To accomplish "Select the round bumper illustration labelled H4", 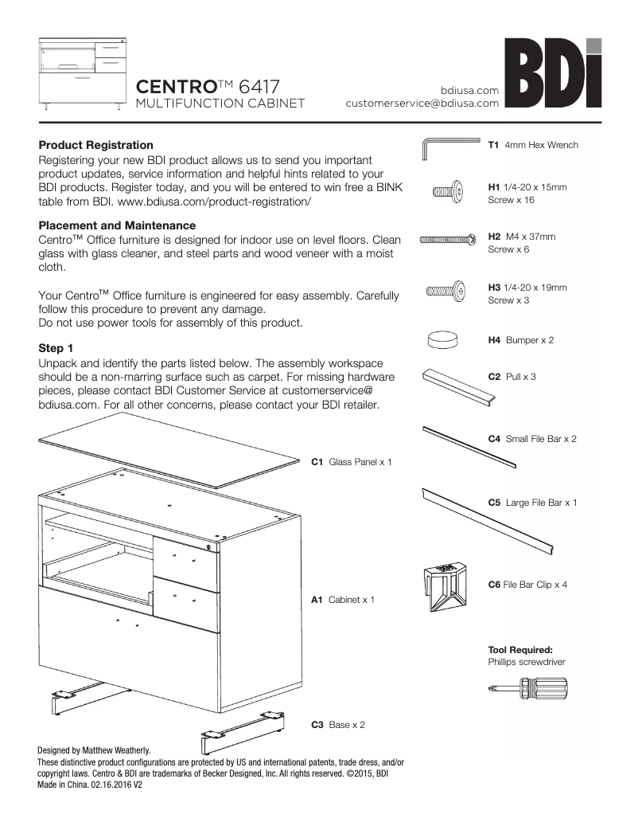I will click(443, 340).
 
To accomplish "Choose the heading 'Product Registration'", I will click(95, 145).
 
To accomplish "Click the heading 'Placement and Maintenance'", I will click(117, 226).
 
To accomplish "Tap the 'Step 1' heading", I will click(56, 348).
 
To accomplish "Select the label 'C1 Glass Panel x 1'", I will click(351, 462).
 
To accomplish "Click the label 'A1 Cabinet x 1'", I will click(342, 599).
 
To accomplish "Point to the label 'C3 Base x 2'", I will click(338, 725).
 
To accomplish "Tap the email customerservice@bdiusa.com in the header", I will click(422, 103).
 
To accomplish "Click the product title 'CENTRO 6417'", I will click(208, 86).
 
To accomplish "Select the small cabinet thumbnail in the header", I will click(83, 73).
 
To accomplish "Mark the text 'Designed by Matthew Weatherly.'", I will click(94, 750).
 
